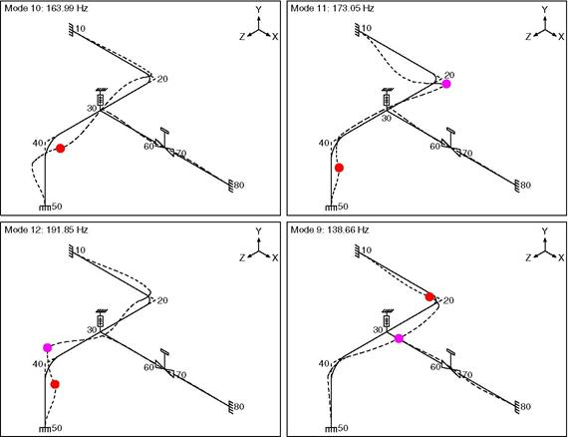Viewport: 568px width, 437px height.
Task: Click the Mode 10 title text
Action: [x=46, y=8]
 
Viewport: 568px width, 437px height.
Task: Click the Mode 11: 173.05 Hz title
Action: [x=332, y=8]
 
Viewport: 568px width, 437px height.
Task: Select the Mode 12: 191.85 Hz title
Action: [x=46, y=229]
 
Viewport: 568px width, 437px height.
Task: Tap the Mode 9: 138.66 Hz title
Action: [x=330, y=229]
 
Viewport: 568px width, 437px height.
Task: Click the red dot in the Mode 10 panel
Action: [x=61, y=148]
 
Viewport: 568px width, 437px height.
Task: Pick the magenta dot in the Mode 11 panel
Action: [x=446, y=84]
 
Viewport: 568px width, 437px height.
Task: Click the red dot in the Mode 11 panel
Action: [x=339, y=168]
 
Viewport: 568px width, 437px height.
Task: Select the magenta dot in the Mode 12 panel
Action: [x=48, y=348]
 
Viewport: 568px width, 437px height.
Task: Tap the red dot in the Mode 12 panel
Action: [x=55, y=384]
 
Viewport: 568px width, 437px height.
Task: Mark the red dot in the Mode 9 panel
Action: [x=429, y=297]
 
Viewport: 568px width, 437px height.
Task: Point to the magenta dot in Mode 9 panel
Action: [x=399, y=338]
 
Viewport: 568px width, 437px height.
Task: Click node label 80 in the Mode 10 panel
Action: [x=239, y=185]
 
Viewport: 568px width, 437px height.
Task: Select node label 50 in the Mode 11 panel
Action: [x=343, y=207]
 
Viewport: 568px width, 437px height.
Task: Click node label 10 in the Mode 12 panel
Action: [x=81, y=249]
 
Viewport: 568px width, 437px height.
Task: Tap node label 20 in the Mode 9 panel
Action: [x=448, y=300]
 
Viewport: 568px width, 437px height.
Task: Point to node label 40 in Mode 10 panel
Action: [x=38, y=144]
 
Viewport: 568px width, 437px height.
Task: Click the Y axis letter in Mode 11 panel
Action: [x=544, y=10]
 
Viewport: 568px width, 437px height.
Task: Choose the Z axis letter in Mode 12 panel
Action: [x=242, y=257]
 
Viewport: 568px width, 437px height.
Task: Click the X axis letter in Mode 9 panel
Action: [x=561, y=257]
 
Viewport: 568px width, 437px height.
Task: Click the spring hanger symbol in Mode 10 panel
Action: [x=101, y=99]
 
